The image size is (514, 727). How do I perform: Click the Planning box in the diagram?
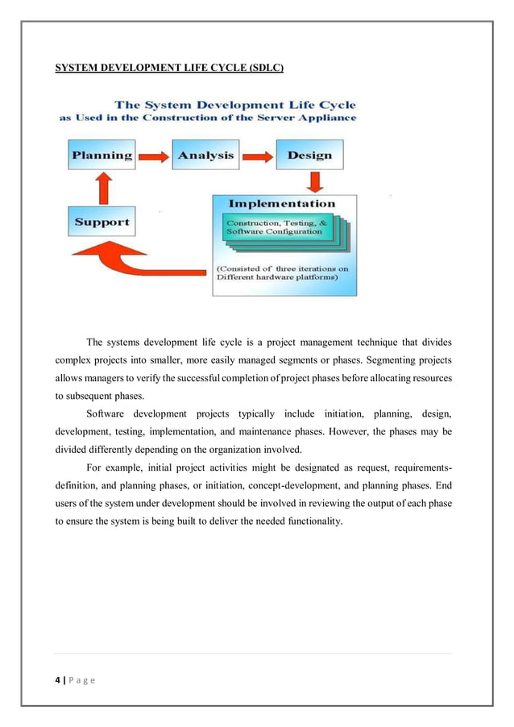coord(102,156)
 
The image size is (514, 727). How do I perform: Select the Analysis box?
coord(205,156)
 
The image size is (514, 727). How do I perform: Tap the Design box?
coord(309,156)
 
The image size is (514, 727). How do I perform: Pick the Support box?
coord(102,222)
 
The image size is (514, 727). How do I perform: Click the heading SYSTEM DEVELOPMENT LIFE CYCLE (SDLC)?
coord(168,68)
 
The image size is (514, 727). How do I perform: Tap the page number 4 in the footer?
coord(57,680)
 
